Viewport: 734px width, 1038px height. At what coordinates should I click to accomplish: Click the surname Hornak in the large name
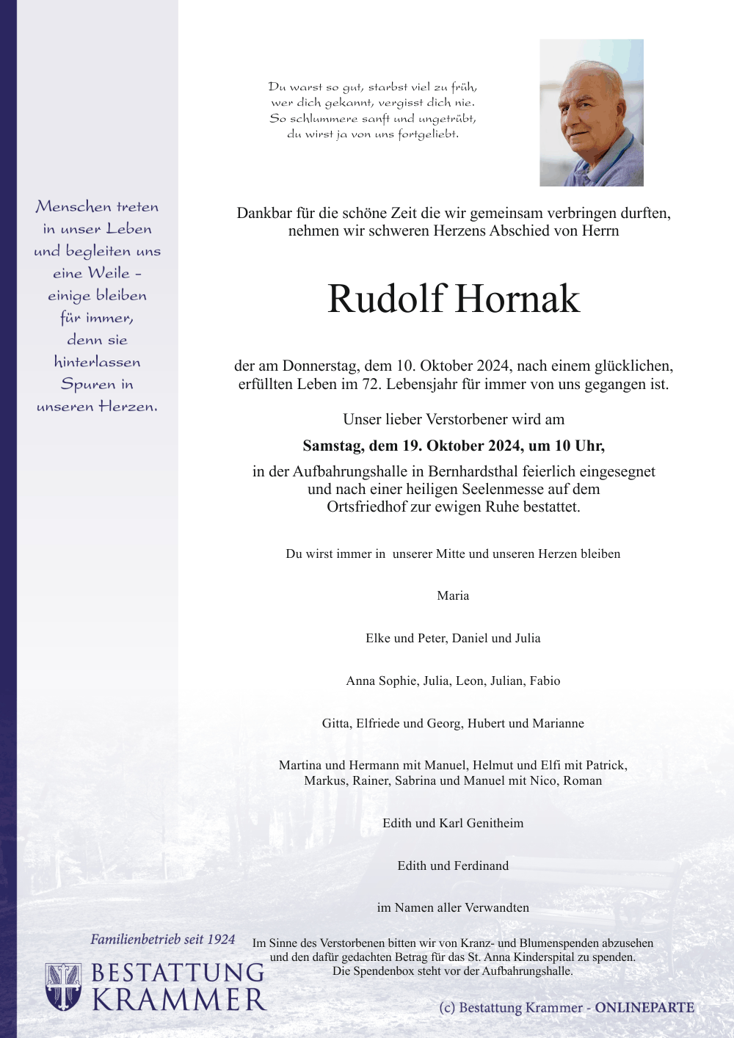point(517,299)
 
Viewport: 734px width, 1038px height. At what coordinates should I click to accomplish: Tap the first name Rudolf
point(386,299)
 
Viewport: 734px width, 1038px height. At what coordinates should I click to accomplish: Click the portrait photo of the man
point(591,112)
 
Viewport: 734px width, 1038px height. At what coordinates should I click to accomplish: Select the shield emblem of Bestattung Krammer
point(63,987)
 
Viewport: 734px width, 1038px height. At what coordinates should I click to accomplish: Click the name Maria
point(453,596)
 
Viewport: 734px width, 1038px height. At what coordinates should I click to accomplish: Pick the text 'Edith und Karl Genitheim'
point(453,824)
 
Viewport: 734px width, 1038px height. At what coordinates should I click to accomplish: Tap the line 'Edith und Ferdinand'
point(453,866)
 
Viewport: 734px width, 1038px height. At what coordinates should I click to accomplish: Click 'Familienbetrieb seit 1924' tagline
point(162,940)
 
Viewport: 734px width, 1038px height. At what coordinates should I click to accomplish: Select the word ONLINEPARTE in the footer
point(644,1008)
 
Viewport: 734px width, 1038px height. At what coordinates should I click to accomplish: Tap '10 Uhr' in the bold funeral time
point(579,446)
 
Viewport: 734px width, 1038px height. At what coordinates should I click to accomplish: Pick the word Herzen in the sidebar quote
point(128,407)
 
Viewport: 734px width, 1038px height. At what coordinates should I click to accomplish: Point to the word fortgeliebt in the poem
point(428,134)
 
